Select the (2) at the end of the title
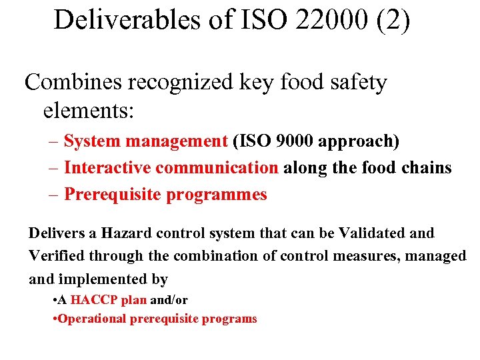point(393,20)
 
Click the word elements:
point(89,110)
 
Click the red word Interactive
point(105,168)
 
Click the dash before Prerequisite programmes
point(53,195)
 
